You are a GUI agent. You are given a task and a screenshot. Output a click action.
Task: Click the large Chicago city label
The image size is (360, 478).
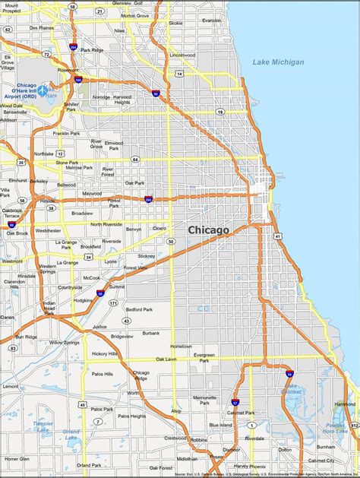(x=208, y=229)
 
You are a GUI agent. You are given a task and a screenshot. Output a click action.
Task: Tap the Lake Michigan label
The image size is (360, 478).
(x=278, y=62)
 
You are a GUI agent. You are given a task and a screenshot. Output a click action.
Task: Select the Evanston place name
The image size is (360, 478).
(x=212, y=21)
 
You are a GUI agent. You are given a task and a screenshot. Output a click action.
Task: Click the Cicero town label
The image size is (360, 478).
(x=159, y=227)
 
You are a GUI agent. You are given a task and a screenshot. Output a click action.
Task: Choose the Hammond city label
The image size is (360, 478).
(x=345, y=404)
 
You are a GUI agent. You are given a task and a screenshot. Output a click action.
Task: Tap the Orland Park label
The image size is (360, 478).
(x=89, y=464)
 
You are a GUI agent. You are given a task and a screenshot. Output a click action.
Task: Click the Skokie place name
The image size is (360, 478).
(x=175, y=23)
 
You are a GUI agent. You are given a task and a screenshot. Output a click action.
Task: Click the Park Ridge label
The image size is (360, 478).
(x=91, y=50)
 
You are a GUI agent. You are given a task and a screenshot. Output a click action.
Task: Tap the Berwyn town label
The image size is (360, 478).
(x=134, y=228)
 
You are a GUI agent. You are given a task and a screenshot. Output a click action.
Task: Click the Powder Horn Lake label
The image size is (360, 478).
(x=336, y=428)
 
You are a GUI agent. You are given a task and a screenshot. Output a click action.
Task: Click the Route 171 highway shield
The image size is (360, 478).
(x=112, y=302)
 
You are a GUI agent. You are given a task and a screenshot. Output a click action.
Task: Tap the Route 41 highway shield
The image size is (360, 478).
(x=279, y=236)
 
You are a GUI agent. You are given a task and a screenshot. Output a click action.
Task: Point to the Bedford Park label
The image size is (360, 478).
(x=140, y=310)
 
